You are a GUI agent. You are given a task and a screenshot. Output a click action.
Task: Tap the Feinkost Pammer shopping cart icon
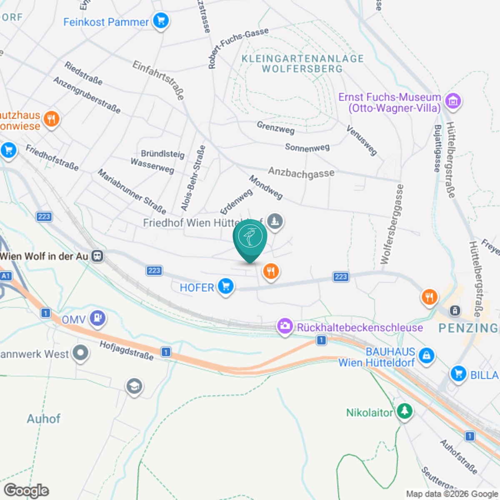[161, 20]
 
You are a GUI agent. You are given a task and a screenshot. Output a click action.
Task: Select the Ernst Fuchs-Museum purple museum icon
[453, 101]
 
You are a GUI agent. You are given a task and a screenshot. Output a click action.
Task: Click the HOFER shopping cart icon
[226, 287]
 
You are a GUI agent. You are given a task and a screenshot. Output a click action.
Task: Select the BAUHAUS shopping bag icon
[426, 355]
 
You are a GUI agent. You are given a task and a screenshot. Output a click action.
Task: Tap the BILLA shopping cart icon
[458, 373]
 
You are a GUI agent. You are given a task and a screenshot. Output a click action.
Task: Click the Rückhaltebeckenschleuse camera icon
[285, 326]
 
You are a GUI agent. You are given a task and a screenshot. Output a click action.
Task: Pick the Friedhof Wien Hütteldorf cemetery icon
[275, 220]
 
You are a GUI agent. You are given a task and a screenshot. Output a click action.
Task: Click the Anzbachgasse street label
[301, 172]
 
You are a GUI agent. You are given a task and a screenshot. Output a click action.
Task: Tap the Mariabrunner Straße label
[132, 191]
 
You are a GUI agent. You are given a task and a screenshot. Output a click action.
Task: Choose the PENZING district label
[468, 328]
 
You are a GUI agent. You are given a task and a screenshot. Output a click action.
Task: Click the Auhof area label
[43, 418]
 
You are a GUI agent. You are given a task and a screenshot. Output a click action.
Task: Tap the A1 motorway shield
[5, 276]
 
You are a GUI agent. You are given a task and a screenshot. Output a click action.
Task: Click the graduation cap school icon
[134, 386]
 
